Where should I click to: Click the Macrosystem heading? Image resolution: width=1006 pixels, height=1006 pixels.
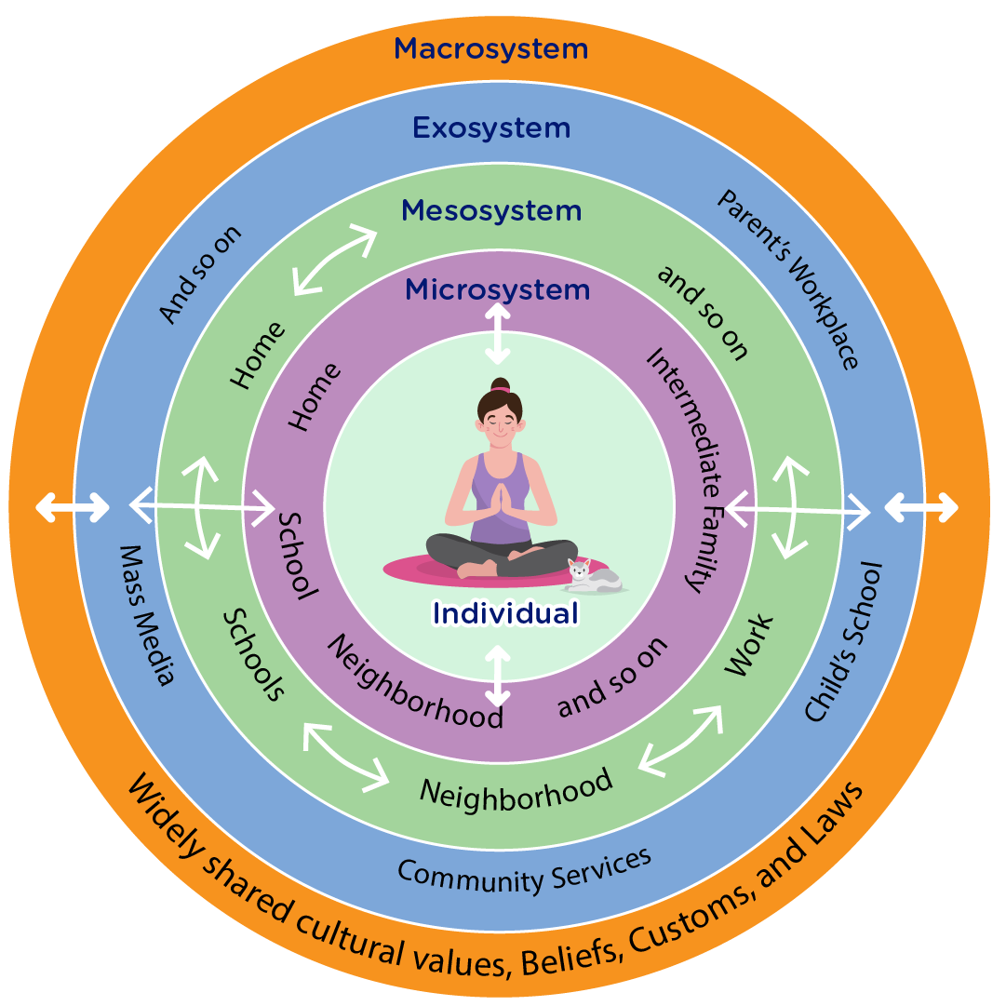491,47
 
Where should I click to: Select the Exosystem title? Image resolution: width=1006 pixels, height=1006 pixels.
491,127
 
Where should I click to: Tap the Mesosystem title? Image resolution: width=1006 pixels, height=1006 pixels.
491,211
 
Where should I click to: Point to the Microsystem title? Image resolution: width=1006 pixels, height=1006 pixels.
497,289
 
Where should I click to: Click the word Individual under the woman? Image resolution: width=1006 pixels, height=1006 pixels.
505,613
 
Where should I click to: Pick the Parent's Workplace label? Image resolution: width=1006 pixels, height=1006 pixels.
787,278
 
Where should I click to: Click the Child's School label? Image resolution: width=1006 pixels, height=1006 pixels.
843,641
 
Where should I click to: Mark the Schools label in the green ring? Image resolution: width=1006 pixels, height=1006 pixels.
253,657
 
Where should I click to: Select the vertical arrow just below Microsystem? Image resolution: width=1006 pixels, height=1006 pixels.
499,333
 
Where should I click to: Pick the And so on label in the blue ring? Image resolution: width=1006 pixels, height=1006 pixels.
201,275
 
